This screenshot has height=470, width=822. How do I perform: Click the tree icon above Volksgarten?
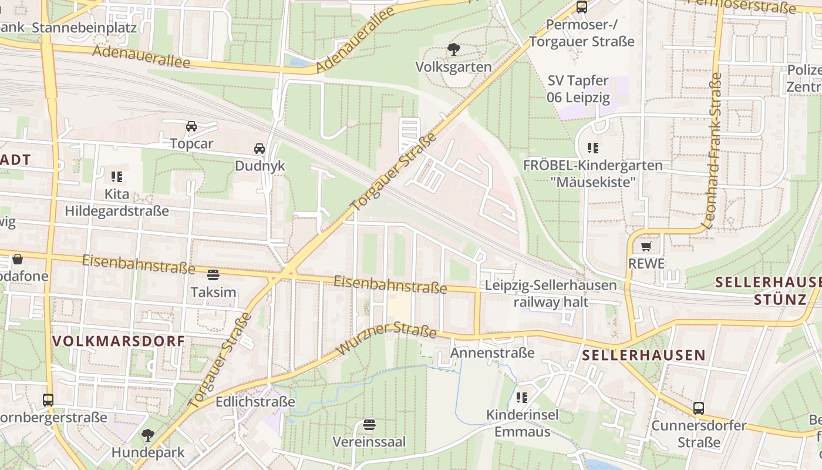pos(453,49)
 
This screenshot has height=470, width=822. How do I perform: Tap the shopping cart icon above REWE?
pos(646,247)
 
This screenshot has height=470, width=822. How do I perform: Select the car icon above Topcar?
pos(191,126)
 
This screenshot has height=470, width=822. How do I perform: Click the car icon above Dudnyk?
pos(260,149)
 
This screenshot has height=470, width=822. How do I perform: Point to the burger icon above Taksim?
pos(213,274)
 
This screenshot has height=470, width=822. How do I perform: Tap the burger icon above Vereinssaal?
pos(369,424)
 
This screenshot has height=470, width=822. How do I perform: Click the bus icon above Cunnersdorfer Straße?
pos(698,408)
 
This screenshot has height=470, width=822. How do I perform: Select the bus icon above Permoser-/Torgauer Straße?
pos(582,7)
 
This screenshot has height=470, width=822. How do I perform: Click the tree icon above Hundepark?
pos(148,435)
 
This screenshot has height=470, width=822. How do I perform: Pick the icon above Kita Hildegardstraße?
pos(117,176)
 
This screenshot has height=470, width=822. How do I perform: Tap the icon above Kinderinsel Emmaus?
pos(522,398)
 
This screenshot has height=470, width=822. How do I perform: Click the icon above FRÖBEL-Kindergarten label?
pos(593,148)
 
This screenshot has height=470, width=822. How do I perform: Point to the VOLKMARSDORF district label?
pos(119,341)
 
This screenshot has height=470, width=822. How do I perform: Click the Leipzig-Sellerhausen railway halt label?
pos(550,294)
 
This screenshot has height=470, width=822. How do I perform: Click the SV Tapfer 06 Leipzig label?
pos(578,89)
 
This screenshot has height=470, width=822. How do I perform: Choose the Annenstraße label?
pos(493,352)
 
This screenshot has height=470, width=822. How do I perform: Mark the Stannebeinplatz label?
pos(84,28)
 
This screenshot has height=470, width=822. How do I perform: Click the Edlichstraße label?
pos(255,402)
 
